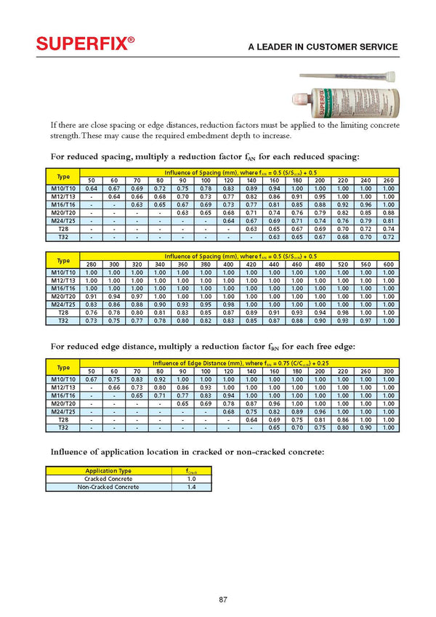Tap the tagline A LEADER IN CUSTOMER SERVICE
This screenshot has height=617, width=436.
pyautogui.click(x=323, y=47)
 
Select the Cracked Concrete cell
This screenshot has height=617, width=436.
pyautogui.click(x=109, y=479)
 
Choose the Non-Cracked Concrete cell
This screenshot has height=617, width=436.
pyautogui.click(x=109, y=487)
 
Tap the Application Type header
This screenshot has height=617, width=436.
pyautogui.click(x=109, y=471)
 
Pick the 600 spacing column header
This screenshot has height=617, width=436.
pyautogui.click(x=388, y=264)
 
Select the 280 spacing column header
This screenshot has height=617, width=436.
pyautogui.click(x=92, y=264)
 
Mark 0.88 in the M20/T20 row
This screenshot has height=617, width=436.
pyautogui.click(x=388, y=212)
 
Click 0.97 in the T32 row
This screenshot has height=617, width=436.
pyautogui.click(x=366, y=320)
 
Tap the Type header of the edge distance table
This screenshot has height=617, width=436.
pyautogui.click(x=62, y=366)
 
